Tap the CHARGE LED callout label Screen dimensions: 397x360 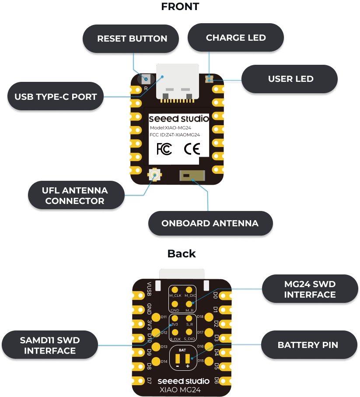[x=236, y=38]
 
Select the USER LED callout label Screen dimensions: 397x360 [x=290, y=79]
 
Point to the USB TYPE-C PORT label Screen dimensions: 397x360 [x=56, y=96]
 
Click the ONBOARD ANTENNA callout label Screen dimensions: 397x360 [x=210, y=223]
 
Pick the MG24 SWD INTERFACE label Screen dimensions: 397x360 [x=310, y=289]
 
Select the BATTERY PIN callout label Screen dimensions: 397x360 [x=308, y=345]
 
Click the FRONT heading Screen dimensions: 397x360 [x=180, y=7]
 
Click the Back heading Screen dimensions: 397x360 [x=182, y=253]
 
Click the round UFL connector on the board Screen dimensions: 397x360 [x=154, y=175]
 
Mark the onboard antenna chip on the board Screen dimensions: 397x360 [x=191, y=176]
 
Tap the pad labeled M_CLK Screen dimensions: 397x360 [x=175, y=290]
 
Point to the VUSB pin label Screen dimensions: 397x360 [x=150, y=288]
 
